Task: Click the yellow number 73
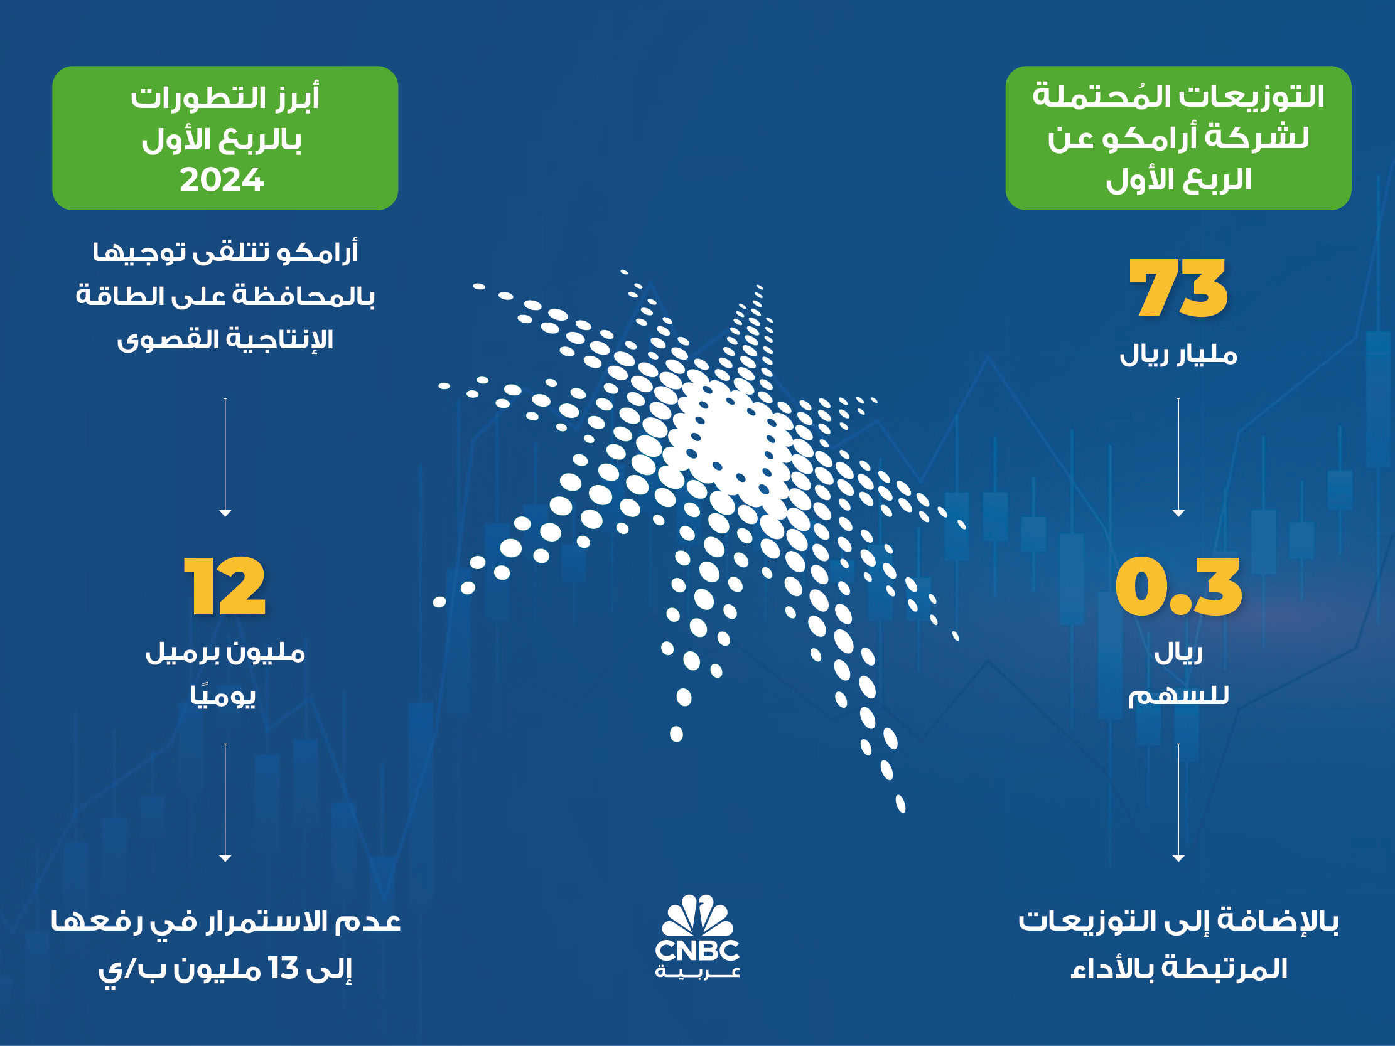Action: pos(1178,288)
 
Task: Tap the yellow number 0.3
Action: pos(1178,586)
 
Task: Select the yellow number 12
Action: pos(225,585)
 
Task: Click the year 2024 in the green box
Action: pos(222,180)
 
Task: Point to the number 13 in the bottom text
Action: pos(283,968)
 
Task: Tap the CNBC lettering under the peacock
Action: pos(697,950)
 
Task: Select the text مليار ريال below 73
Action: pos(1178,355)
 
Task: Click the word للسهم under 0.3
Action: pos(1178,695)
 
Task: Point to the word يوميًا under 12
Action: pos(224,695)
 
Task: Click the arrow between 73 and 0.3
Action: pos(1178,457)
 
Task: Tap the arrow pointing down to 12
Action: pos(225,457)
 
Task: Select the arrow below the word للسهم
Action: pos(1178,802)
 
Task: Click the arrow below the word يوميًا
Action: pos(225,802)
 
